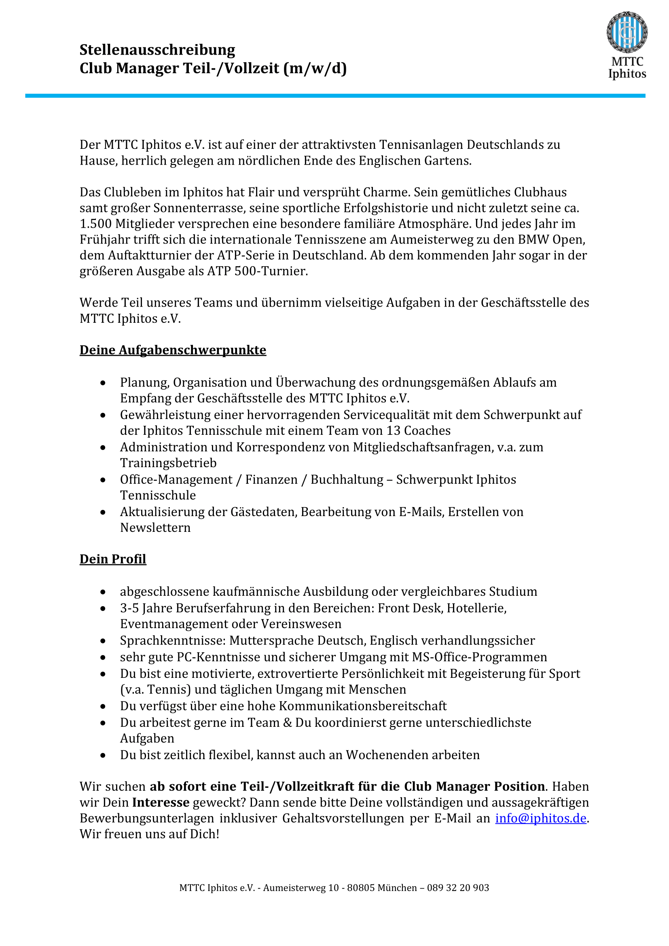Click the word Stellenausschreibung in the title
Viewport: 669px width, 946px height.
tap(157, 50)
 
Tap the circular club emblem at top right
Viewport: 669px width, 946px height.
tap(627, 32)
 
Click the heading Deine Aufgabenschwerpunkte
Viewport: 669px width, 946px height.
tap(173, 350)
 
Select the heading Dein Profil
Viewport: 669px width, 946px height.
tap(113, 559)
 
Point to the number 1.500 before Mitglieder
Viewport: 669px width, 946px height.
tap(95, 224)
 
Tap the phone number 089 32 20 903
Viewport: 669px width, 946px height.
tap(458, 887)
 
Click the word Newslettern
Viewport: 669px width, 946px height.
tap(155, 528)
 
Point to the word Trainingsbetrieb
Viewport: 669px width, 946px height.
tap(168, 463)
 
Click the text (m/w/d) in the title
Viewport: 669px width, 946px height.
tap(315, 68)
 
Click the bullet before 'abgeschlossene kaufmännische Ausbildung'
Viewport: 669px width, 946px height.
tap(103, 592)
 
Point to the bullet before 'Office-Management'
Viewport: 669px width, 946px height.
tap(103, 480)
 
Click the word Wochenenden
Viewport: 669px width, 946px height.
tap(386, 755)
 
